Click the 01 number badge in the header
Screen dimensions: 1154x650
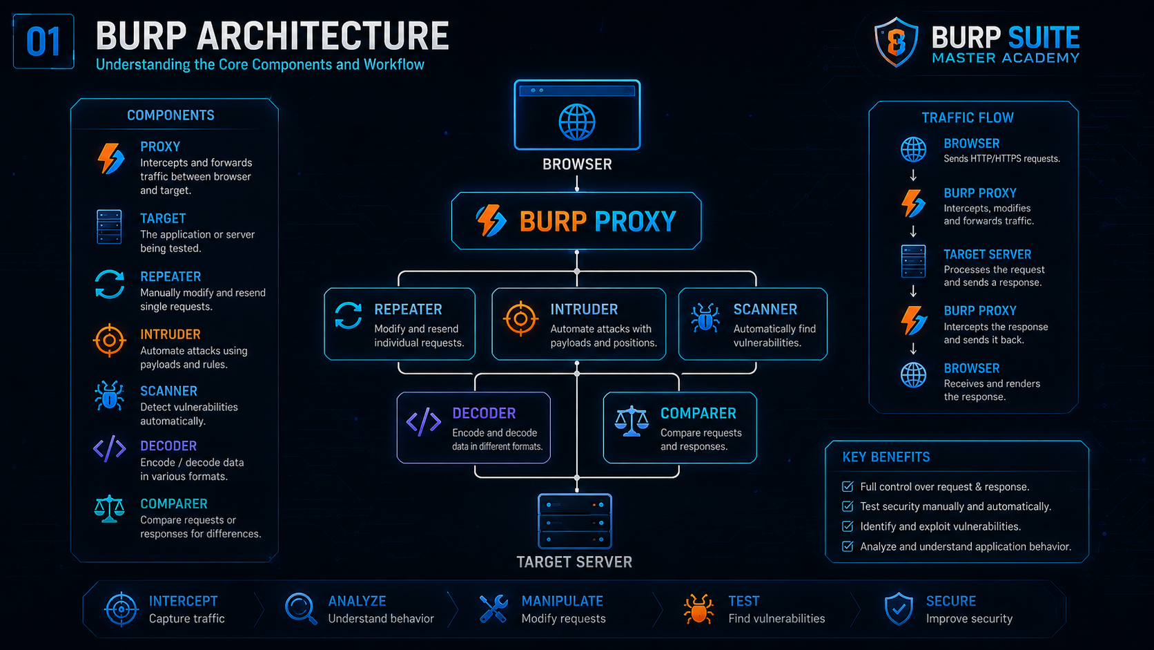click(43, 41)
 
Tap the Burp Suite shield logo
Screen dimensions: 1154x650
click(896, 41)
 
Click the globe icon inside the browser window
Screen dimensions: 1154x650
click(577, 122)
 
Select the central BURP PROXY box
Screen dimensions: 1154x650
click(576, 221)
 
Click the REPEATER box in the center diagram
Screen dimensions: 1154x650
click(399, 324)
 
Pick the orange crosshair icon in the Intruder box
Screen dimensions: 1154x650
click(520, 318)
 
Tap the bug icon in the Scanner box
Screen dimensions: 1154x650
click(705, 318)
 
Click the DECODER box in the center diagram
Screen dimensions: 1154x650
click(473, 428)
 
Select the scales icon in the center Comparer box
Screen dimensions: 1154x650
click(632, 421)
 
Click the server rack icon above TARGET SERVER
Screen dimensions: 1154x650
click(575, 521)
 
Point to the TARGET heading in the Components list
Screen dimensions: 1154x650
click(163, 218)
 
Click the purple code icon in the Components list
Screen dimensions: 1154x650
click(109, 449)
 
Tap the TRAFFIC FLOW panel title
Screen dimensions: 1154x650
click(968, 118)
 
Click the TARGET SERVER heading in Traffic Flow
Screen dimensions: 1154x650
click(987, 255)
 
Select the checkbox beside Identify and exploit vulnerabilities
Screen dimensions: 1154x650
click(848, 526)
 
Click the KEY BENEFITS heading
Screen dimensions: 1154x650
click(886, 457)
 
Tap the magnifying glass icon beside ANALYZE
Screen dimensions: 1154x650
click(301, 609)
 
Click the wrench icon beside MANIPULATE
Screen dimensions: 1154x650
click(493, 609)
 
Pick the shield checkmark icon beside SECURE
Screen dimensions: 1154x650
click(899, 609)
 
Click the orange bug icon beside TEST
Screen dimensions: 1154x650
click(698, 609)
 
